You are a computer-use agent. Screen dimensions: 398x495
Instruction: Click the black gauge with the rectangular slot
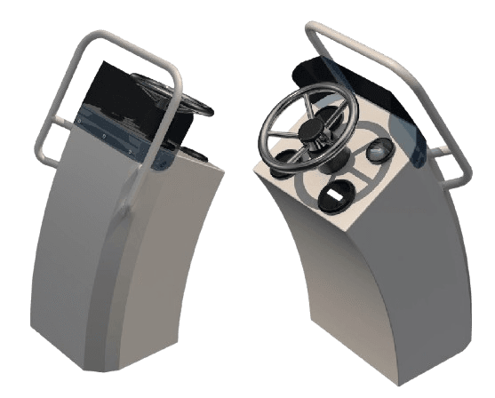335,190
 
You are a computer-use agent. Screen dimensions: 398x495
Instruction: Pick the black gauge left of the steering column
283,163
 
